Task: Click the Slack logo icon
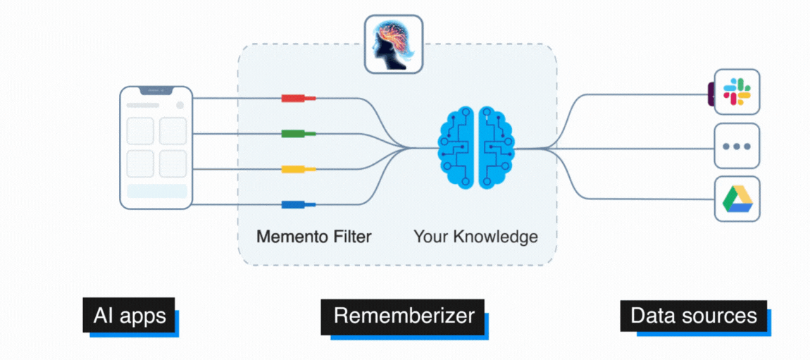click(737, 92)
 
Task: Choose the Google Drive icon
click(737, 199)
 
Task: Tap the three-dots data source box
click(737, 147)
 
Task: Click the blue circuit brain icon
click(477, 148)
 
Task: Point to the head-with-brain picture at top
click(394, 44)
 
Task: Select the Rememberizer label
click(404, 315)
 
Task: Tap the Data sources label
click(693, 315)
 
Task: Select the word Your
click(429, 236)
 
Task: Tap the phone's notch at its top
click(156, 90)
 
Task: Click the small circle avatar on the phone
click(180, 106)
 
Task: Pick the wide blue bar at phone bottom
click(156, 191)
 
